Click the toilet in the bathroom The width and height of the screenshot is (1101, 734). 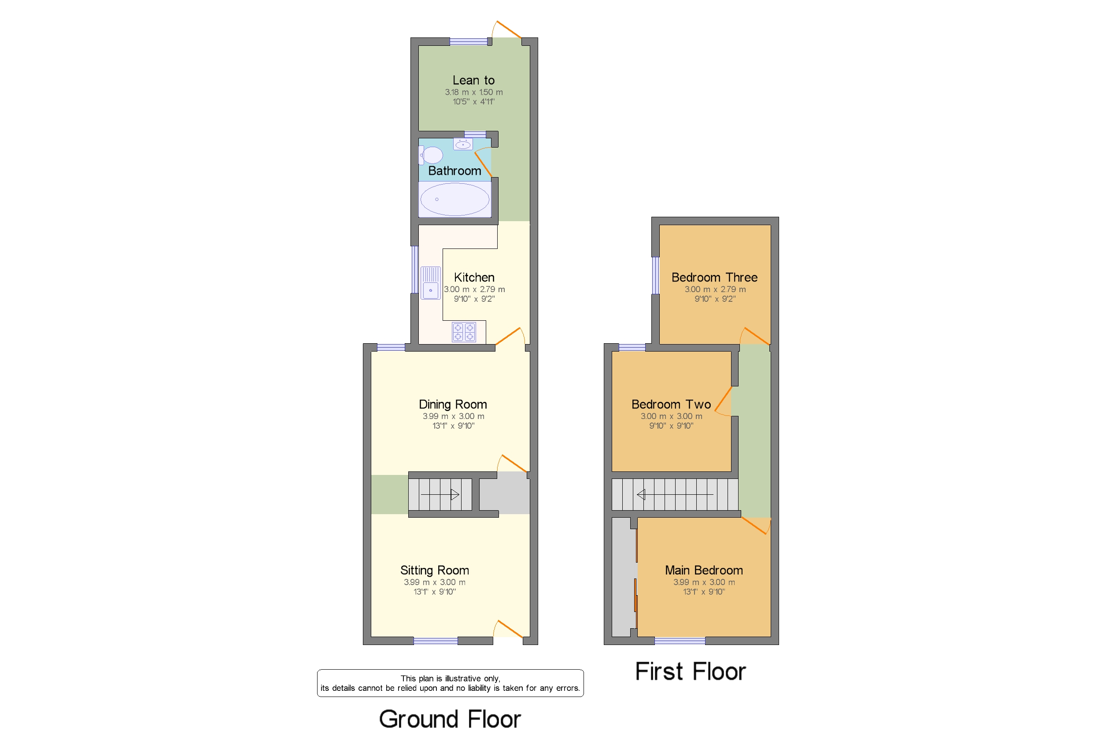pos(432,155)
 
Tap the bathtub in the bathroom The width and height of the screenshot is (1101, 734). pos(454,200)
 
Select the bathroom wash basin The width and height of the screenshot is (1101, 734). pos(463,144)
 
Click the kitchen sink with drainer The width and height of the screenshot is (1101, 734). pos(430,283)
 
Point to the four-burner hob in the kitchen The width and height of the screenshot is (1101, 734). pos(464,332)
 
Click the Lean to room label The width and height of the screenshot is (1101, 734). pos(473,81)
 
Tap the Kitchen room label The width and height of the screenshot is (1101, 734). pos(474,277)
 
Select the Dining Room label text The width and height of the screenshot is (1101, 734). pos(452,404)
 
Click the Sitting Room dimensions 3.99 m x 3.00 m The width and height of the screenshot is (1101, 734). pos(434,582)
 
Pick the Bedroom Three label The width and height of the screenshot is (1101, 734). pos(714,277)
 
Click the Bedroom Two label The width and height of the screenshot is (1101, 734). pos(671,404)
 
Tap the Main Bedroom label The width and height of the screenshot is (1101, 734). pos(704,570)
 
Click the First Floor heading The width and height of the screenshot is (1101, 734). pos(690,671)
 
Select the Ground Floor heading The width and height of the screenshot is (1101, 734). pos(450,719)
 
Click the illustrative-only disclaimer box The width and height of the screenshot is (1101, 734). pos(450,683)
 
